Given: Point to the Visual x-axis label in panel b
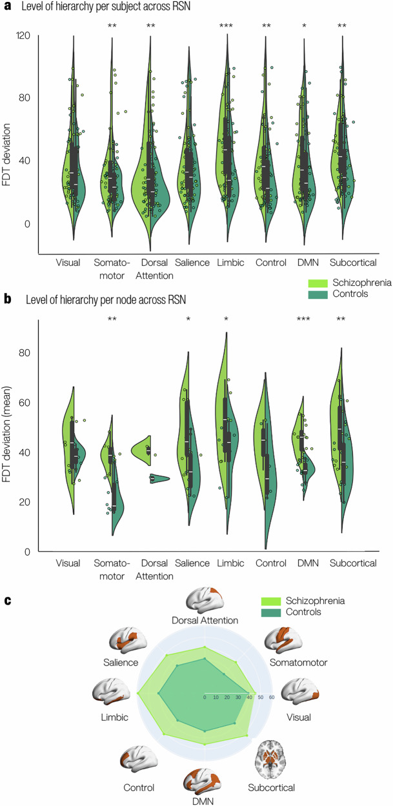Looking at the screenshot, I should (x=68, y=563).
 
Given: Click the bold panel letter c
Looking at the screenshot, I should (x=8, y=601).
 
